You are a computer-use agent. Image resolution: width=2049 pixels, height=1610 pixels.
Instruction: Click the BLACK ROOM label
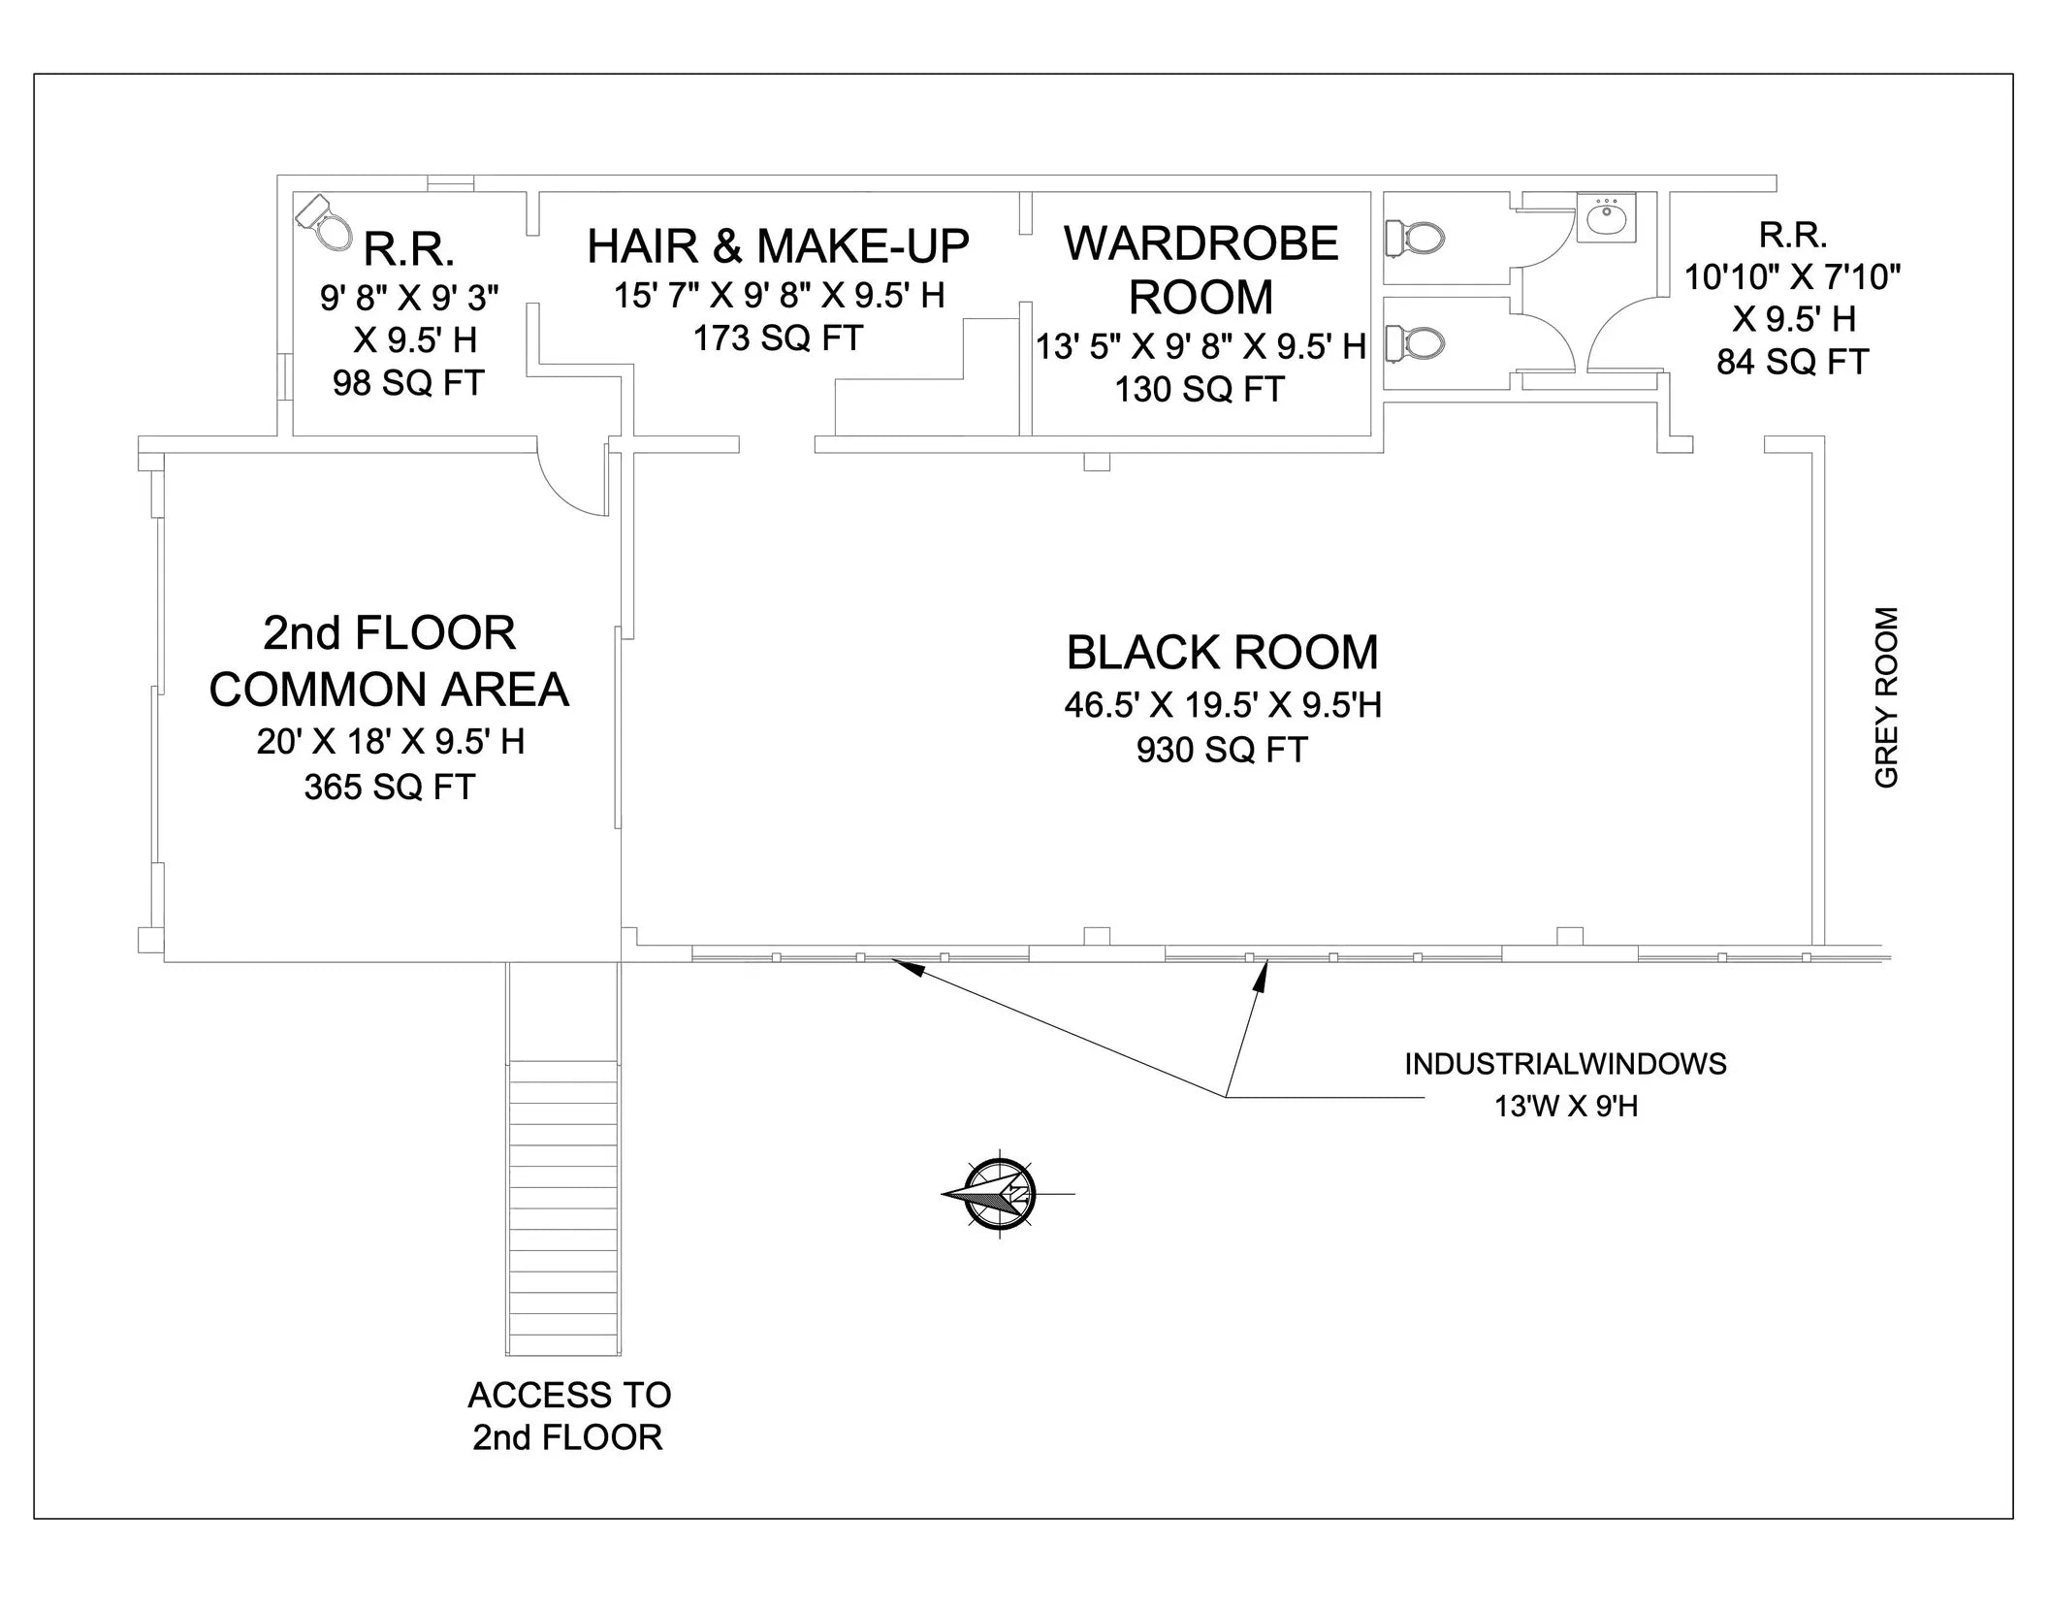pos(1222,653)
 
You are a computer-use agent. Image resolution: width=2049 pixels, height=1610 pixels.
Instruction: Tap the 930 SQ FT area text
pos(1222,750)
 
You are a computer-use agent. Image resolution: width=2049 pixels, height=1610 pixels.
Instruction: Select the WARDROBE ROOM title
pos(1201,270)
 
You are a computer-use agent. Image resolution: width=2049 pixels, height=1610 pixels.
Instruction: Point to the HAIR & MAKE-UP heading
pos(778,246)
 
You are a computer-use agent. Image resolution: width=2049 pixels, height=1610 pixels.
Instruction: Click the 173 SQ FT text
pos(778,338)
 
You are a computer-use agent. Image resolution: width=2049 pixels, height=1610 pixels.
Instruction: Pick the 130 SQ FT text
pos(1200,389)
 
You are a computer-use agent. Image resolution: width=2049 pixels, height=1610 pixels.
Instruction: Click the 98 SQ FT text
pos(408,383)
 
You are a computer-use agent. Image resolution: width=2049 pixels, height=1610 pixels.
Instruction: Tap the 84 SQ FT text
pos(1792,362)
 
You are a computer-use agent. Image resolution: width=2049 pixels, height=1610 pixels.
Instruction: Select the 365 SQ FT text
pos(390,787)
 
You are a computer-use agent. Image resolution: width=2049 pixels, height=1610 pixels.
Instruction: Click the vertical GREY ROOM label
pos(1886,697)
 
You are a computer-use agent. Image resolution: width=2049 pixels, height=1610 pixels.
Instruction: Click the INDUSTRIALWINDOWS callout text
pos(1565,1064)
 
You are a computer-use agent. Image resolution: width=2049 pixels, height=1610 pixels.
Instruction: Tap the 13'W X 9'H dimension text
pos(1565,1106)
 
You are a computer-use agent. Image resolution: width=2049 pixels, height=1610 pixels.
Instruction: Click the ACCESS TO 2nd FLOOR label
pos(569,1416)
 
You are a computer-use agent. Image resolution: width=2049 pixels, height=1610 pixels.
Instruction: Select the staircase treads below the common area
pos(563,1207)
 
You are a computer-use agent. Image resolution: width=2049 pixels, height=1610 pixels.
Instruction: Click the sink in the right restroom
pos(1607,217)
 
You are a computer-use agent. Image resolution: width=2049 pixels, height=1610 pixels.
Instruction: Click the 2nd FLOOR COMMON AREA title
pos(389,661)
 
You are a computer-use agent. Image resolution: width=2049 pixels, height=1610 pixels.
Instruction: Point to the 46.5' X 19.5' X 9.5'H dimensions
pos(1222,705)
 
